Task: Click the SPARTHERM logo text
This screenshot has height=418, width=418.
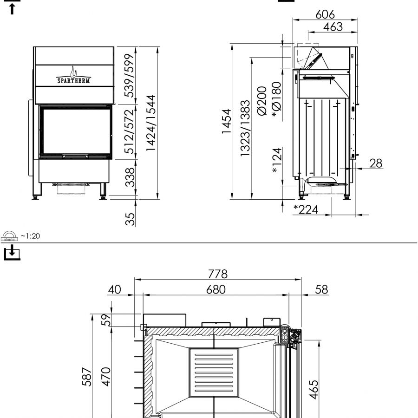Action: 73,80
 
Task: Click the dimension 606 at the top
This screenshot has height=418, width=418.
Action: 325,14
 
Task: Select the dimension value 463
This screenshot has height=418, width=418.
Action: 333,26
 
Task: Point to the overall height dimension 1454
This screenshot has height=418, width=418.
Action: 227,121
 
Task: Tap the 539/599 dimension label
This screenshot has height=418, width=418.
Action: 129,75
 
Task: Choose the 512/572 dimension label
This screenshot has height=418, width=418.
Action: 129,131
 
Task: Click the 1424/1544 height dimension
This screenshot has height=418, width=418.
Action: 151,123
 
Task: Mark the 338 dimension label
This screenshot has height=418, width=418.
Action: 130,177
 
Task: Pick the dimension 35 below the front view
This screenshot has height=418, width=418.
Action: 130,219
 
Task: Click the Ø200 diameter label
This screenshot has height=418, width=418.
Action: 262,101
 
